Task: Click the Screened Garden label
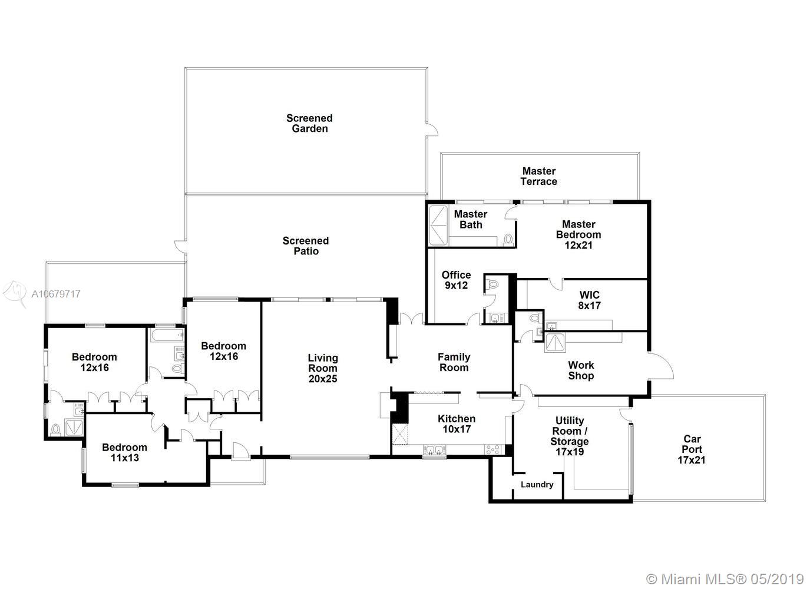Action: click(309, 123)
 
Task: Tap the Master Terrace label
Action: click(539, 176)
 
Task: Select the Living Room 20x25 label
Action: click(323, 368)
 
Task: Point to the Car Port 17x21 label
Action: click(692, 449)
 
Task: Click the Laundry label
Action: click(537, 485)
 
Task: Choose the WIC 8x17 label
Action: click(590, 300)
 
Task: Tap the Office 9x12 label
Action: click(456, 280)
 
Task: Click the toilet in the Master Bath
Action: click(508, 240)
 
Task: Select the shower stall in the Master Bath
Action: click(438, 224)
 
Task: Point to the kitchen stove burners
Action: click(493, 450)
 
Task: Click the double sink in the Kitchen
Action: click(434, 450)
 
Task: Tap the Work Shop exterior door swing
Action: click(660, 366)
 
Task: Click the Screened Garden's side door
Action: click(432, 130)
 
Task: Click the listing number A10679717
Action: click(56, 294)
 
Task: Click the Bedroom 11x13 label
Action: click(124, 452)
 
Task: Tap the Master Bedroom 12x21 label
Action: click(578, 234)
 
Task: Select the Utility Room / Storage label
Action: click(570, 436)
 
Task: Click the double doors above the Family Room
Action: click(412, 318)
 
